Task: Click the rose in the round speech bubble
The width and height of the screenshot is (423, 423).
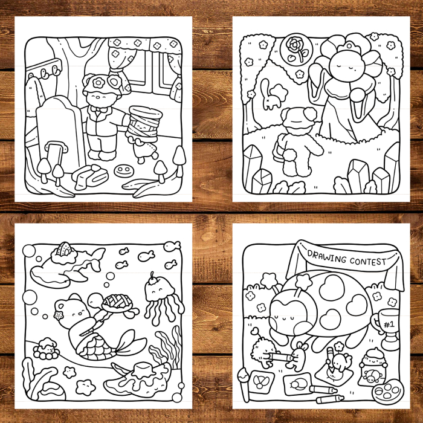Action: tap(294, 48)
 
